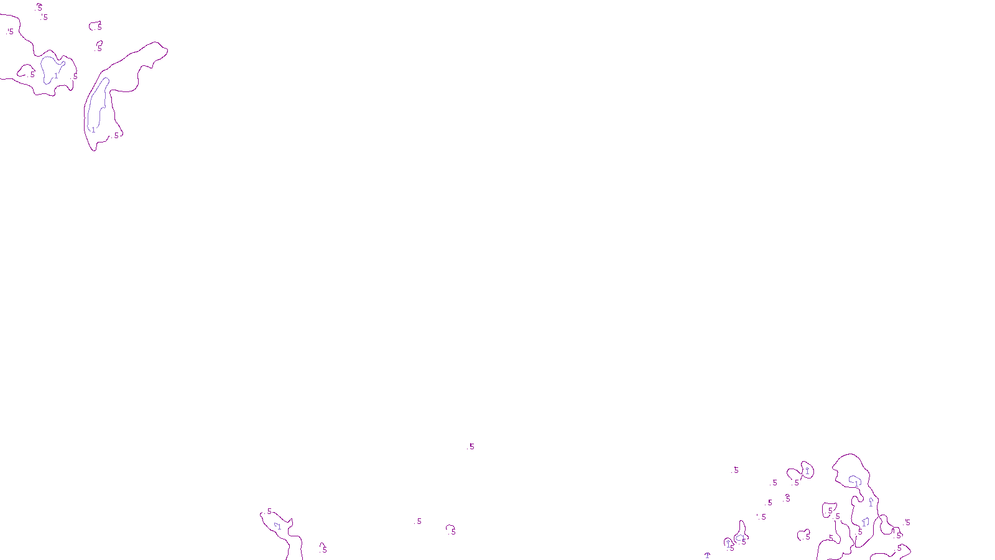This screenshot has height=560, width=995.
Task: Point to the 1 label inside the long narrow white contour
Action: [x=93, y=130]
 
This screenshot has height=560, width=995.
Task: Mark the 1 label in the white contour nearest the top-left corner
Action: [x=56, y=76]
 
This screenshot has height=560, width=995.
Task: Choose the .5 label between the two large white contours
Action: [x=75, y=77]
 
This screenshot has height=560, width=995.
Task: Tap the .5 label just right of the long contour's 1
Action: [x=116, y=135]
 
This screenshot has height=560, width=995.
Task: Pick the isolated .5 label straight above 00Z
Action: [x=471, y=446]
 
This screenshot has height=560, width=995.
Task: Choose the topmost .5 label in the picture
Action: [x=39, y=8]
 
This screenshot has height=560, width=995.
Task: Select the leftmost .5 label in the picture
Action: [x=10, y=31]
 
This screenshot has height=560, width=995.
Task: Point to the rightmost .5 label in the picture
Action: [x=907, y=523]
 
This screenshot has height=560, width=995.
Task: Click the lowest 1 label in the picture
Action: [x=707, y=555]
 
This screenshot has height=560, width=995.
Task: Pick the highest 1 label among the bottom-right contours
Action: [x=807, y=472]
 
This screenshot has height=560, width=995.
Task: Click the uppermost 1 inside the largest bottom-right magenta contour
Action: [x=856, y=483]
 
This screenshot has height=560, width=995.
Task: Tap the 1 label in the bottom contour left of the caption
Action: [x=279, y=527]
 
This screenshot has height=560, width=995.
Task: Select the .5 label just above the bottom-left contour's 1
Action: [x=269, y=511]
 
